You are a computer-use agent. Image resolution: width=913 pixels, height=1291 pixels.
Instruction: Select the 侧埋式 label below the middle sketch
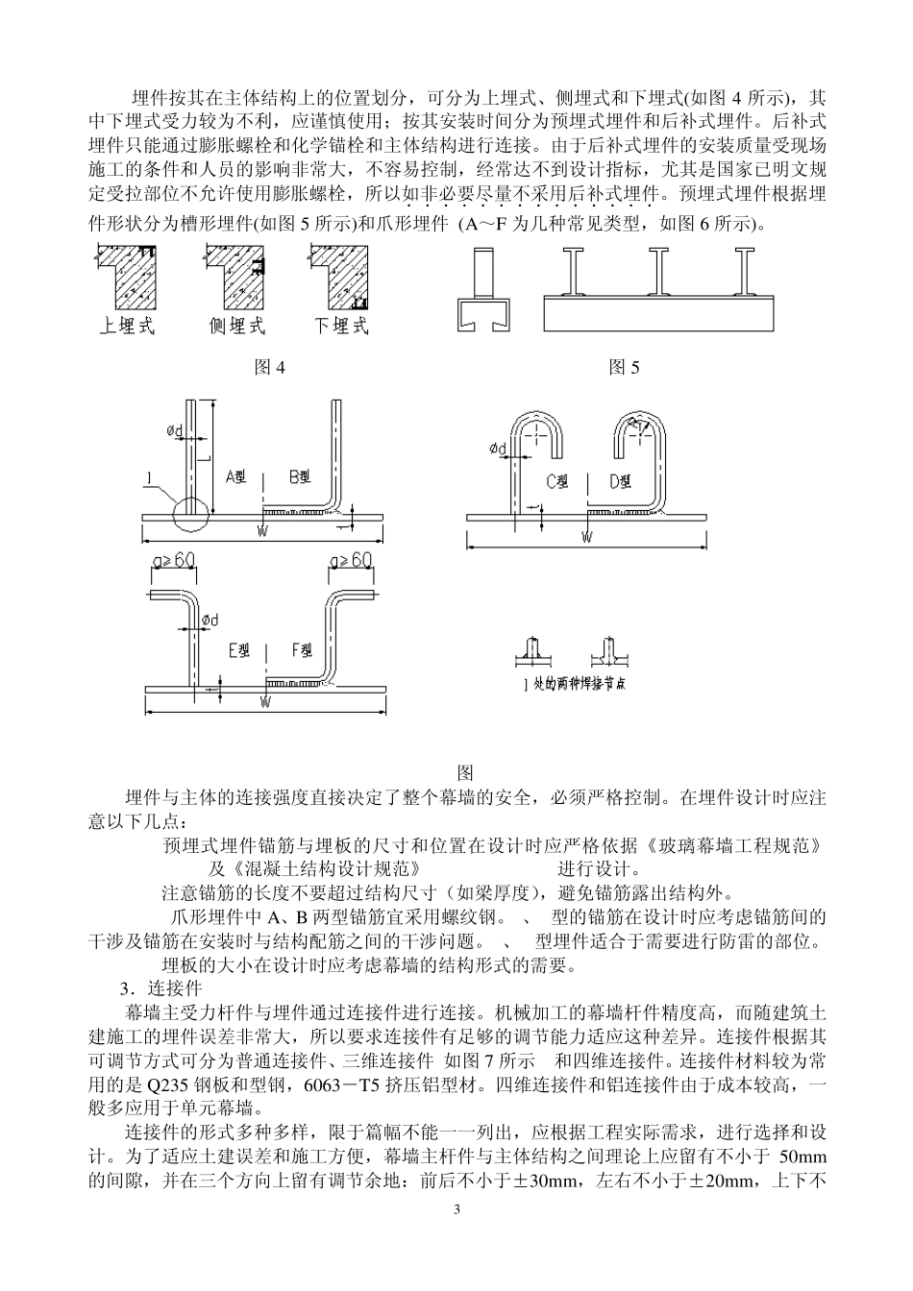[235, 326]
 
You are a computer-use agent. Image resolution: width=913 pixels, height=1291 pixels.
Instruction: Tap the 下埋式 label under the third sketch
[341, 326]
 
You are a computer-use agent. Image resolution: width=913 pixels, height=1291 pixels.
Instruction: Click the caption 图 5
[624, 367]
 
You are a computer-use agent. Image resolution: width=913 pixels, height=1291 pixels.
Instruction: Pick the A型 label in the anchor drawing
[237, 475]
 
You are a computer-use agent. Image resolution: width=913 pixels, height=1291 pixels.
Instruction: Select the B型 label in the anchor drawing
[299, 475]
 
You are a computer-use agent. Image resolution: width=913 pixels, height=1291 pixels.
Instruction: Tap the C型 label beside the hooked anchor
[557, 481]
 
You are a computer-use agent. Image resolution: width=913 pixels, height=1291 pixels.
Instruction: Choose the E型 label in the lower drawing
[238, 651]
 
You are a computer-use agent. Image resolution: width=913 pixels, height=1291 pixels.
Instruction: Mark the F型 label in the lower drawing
[301, 651]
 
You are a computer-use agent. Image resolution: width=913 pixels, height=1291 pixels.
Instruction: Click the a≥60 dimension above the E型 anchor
[174, 560]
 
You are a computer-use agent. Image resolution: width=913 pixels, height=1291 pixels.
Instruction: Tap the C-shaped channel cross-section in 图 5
[481, 312]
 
